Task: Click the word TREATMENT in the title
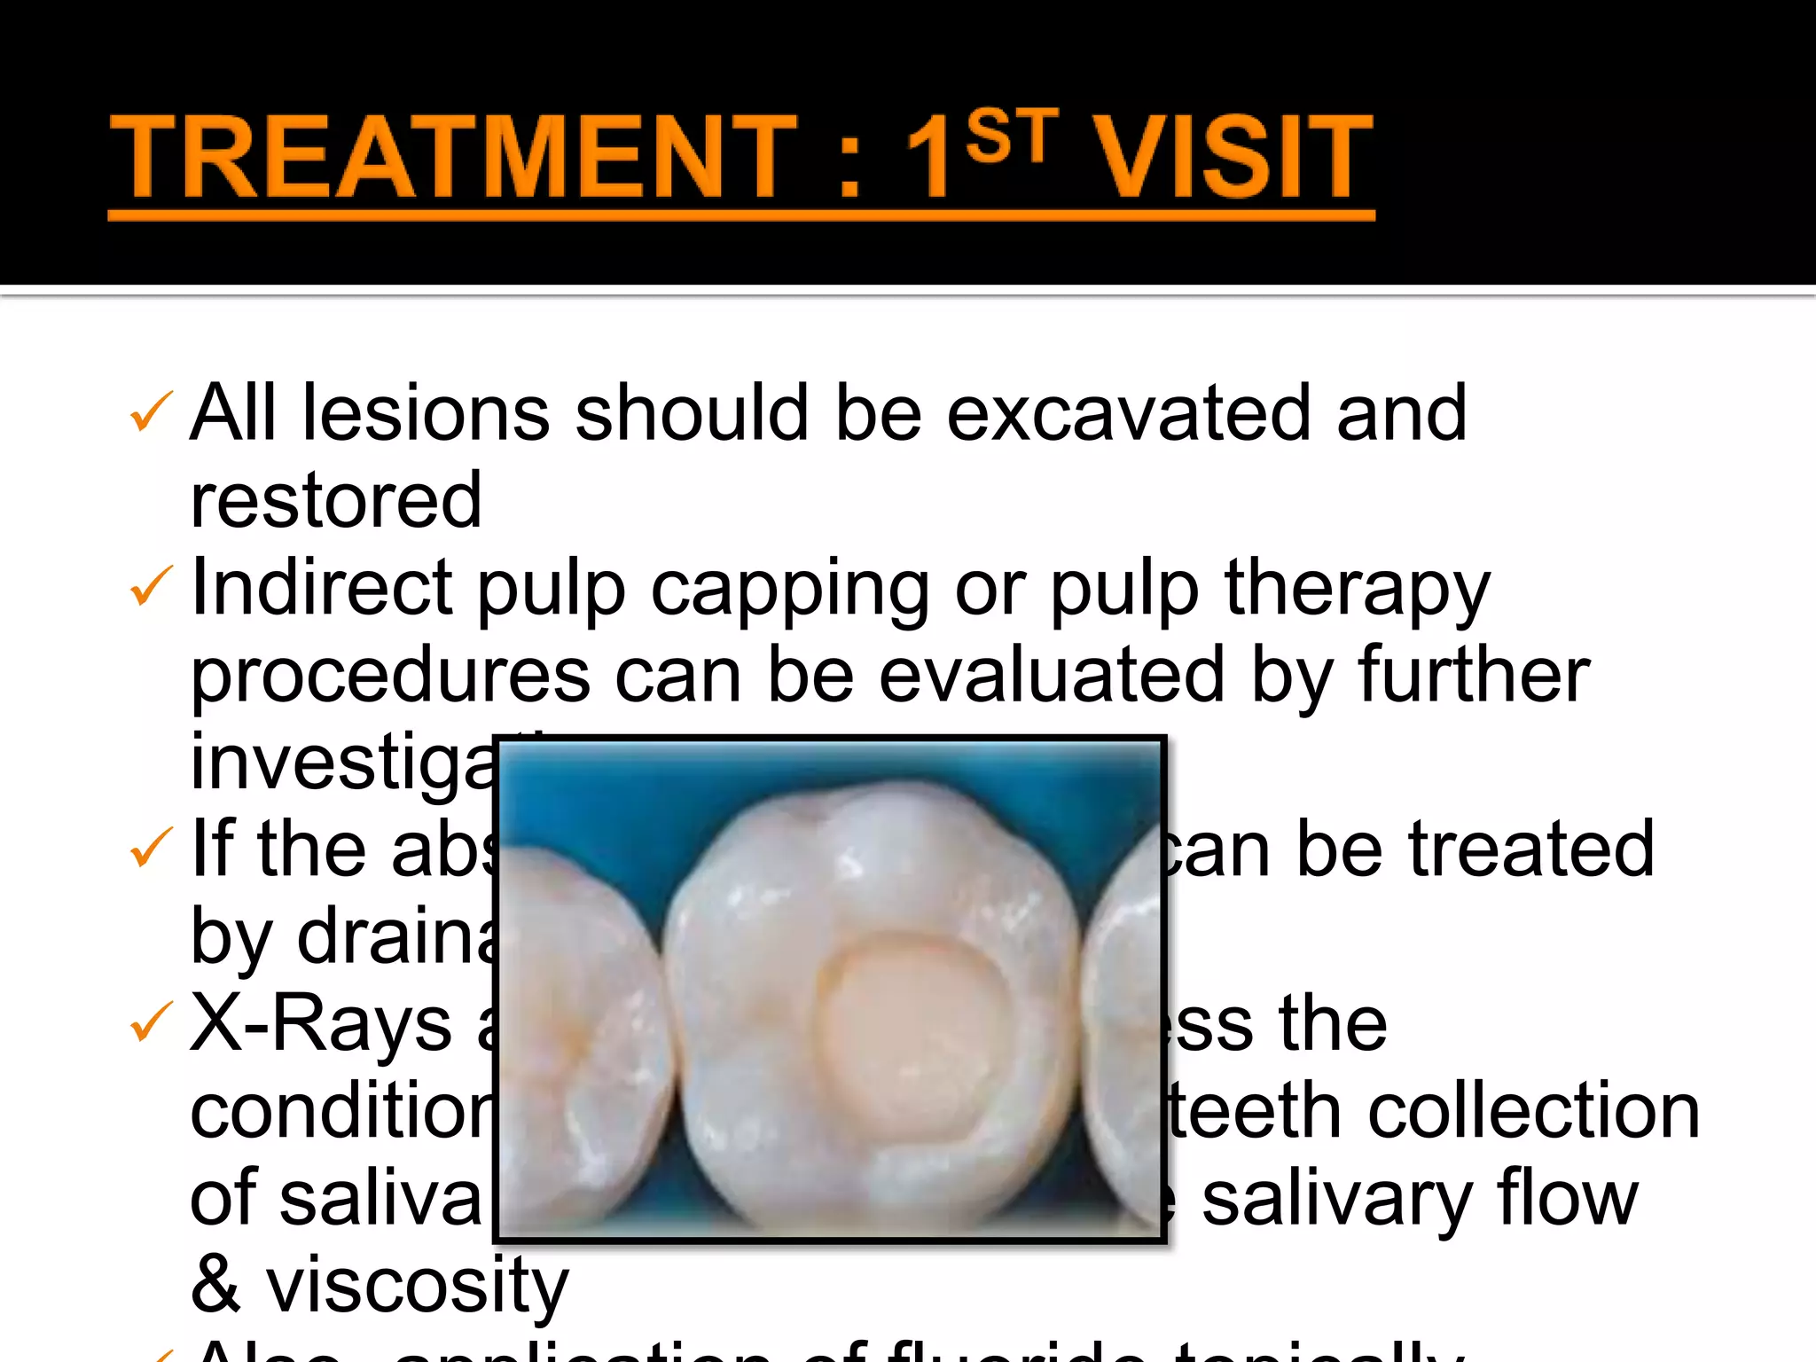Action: click(x=452, y=158)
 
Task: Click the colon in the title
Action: click(x=849, y=164)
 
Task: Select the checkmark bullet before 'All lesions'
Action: click(x=150, y=413)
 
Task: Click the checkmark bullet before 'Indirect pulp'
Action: click(x=150, y=587)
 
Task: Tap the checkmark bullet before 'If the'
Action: click(x=150, y=848)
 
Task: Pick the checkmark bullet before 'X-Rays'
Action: click(x=150, y=1022)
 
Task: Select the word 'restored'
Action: click(x=336, y=501)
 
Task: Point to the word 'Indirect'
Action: click(x=322, y=587)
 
